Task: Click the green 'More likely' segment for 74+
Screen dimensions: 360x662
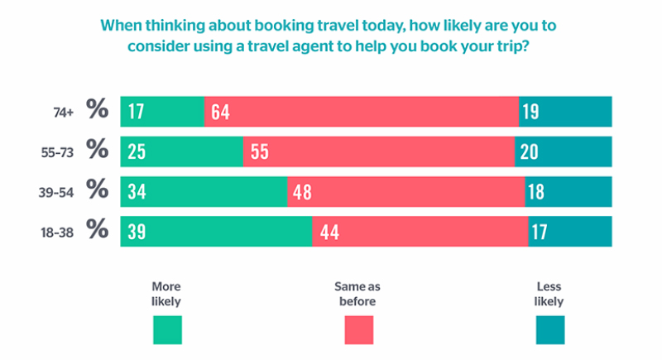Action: [x=162, y=111]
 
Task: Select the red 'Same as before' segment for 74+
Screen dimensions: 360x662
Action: [x=362, y=111]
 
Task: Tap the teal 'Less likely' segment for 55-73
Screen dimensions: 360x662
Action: [x=564, y=151]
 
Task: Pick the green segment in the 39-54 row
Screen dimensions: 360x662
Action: [x=204, y=191]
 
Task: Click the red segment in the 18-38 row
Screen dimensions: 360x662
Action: [x=420, y=231]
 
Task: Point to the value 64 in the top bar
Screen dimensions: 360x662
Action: [x=220, y=112]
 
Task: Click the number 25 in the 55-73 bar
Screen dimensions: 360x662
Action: [x=137, y=151]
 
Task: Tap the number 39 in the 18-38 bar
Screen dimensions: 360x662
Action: [x=137, y=231]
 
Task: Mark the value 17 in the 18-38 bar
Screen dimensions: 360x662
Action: [x=539, y=231]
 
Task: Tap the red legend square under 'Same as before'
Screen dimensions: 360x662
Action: [x=358, y=329]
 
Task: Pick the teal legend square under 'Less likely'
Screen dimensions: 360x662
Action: [x=549, y=329]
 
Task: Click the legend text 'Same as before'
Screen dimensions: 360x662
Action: [x=357, y=294]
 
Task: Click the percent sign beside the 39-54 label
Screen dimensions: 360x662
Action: [x=98, y=190]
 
